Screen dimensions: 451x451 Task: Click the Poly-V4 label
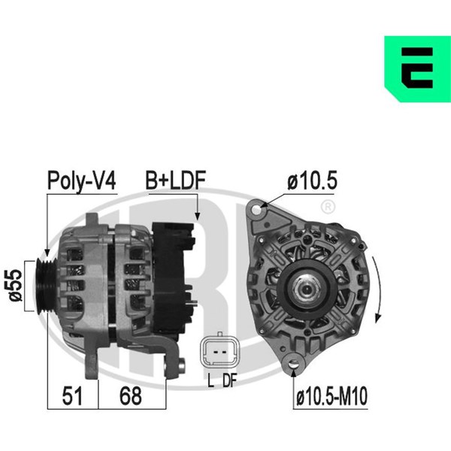pos(81,181)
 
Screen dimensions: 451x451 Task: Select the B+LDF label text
pos(176,180)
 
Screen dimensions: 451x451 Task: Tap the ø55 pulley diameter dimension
pos(16,286)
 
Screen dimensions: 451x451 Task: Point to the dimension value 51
pos(72,396)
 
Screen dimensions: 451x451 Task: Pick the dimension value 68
pos(131,396)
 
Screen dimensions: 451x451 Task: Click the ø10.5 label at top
pos(313,181)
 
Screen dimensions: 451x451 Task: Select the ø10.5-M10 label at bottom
pos(331,396)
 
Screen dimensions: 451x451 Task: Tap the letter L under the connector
pos(210,380)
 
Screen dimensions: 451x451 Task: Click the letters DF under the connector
pos(229,380)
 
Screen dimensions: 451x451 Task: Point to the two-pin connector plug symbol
pos(219,352)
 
